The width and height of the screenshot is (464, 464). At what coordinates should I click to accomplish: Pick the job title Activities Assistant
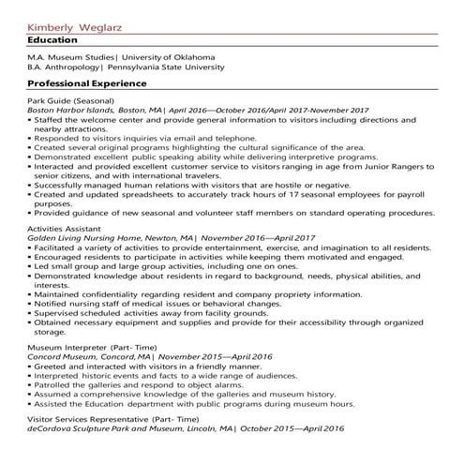(64, 228)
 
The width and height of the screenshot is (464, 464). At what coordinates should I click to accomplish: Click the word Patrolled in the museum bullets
(55, 385)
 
